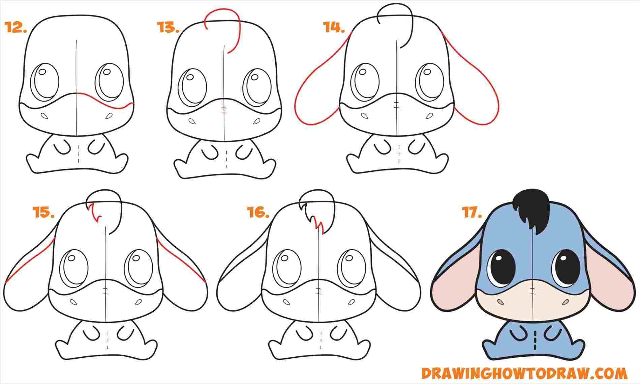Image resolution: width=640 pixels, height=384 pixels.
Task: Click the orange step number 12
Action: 16,28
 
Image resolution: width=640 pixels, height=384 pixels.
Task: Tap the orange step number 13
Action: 168,28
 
